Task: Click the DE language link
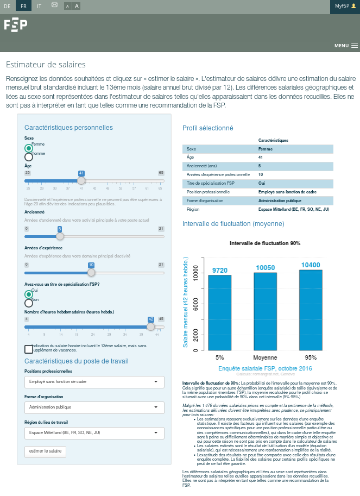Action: pyautogui.click(x=8, y=5)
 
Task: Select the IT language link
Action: pyautogui.click(x=39, y=5)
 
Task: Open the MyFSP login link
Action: pyautogui.click(x=345, y=5)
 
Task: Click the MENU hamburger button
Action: pyautogui.click(x=346, y=46)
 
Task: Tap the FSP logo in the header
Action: pyautogui.click(x=16, y=25)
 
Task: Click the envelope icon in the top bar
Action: pyautogui.click(x=54, y=5)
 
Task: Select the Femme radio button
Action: pyautogui.click(x=29, y=148)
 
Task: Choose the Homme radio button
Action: pyautogui.click(x=29, y=157)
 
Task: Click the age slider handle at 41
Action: pyautogui.click(x=81, y=180)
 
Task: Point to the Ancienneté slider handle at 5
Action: pyautogui.click(x=60, y=236)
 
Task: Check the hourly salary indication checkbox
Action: pyautogui.click(x=29, y=349)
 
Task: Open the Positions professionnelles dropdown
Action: pyautogui.click(x=94, y=382)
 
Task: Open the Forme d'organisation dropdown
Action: pyautogui.click(x=94, y=407)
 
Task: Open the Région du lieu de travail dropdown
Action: pyautogui.click(x=94, y=432)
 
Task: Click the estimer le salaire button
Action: pyautogui.click(x=45, y=451)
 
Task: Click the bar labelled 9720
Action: pyautogui.click(x=219, y=312)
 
